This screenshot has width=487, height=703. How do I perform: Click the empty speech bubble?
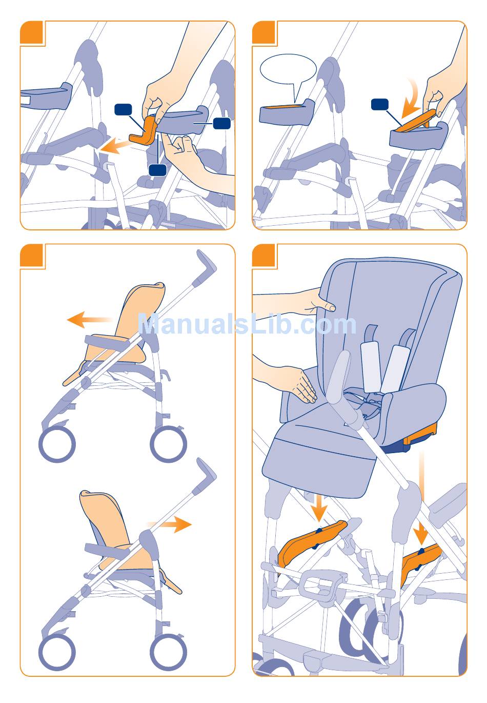[288, 71]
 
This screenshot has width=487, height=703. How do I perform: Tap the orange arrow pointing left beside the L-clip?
[114, 147]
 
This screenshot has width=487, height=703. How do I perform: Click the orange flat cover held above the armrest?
[416, 121]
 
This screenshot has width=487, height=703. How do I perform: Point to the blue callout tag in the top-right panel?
[380, 105]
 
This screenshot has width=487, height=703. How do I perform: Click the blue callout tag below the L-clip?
[157, 170]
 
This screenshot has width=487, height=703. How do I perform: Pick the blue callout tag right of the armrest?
[221, 123]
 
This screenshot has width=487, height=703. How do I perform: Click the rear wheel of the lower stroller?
[168, 652]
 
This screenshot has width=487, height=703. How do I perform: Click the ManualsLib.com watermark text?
[247, 324]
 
